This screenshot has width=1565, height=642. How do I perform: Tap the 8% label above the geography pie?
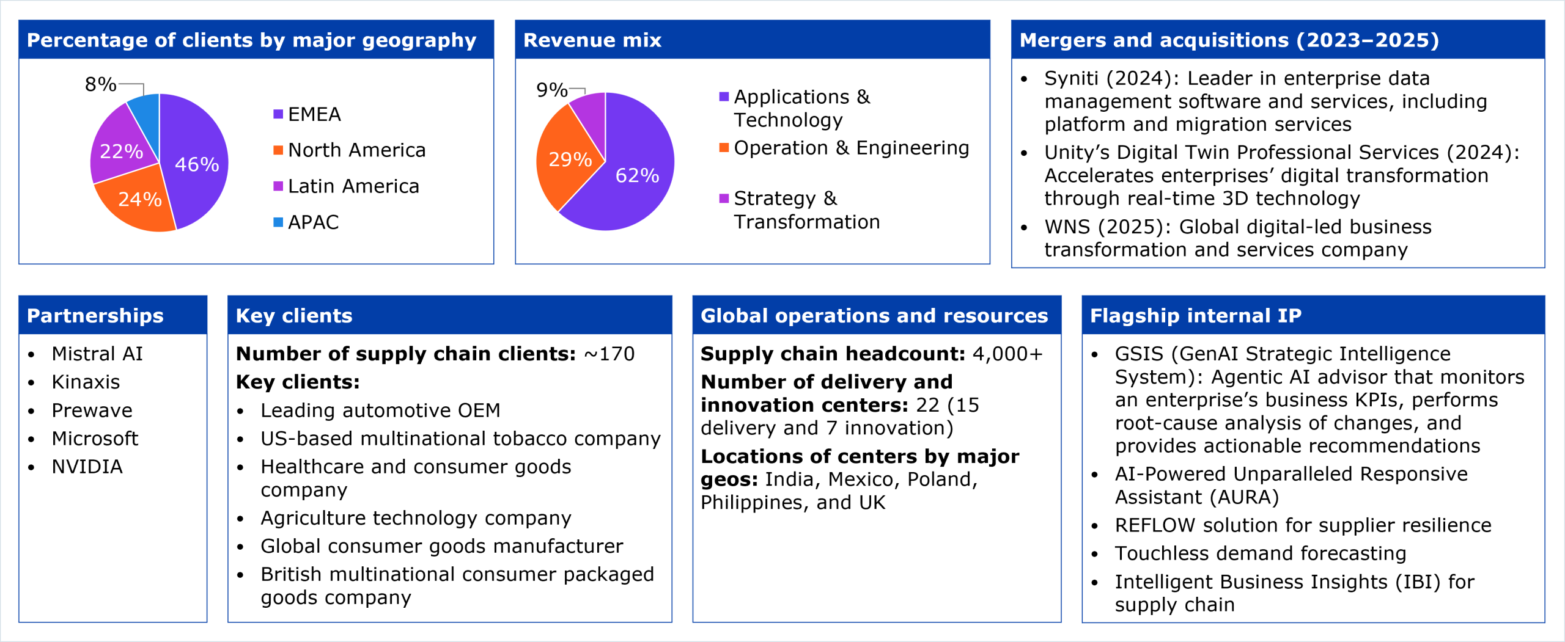[x=100, y=84]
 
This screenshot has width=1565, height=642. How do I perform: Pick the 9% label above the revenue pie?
[x=551, y=90]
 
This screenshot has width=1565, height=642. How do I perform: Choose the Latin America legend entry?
[x=353, y=186]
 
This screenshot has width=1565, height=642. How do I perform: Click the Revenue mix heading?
[x=592, y=40]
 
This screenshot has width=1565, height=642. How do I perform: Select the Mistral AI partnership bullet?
[x=97, y=354]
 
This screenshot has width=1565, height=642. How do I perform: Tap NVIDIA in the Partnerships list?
[x=87, y=467]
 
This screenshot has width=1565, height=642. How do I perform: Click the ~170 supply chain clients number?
[x=609, y=354]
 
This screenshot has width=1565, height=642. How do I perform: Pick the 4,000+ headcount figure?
[x=1007, y=354]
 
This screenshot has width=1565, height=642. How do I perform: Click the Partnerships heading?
[x=95, y=315]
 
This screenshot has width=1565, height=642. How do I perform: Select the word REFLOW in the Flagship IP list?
[x=1154, y=525]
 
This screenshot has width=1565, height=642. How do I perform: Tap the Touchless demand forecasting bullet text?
[x=1260, y=553]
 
